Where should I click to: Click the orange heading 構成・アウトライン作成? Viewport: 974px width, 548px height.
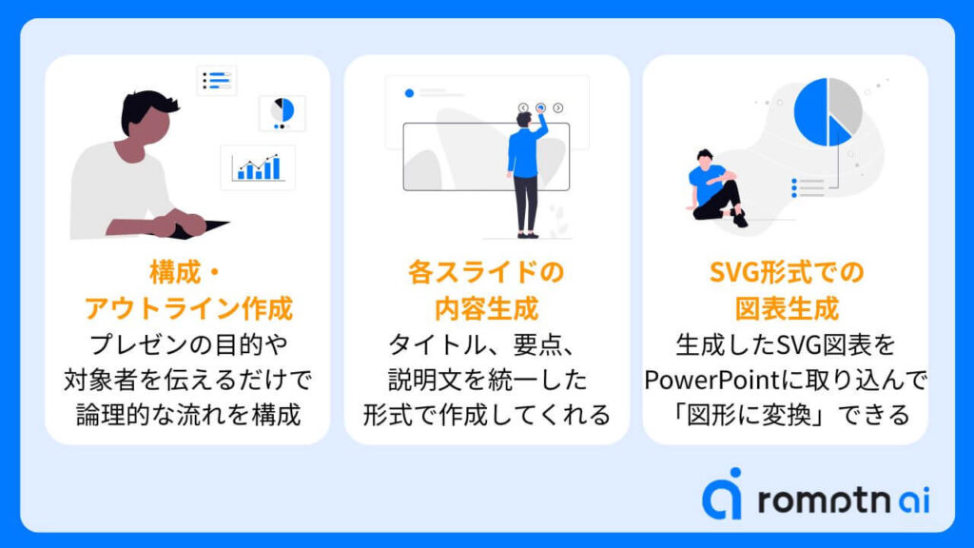188,290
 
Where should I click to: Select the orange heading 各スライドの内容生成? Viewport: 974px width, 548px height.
486,290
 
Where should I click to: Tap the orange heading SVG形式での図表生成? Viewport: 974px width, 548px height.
787,290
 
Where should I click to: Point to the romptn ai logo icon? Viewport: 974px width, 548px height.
723,494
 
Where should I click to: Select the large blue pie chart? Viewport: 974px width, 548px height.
828,112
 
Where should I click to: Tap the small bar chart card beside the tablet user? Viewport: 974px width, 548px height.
258,167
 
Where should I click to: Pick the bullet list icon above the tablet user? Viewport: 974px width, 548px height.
217,80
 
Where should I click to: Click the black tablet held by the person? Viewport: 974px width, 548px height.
198,228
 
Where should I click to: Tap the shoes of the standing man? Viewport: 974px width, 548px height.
528,235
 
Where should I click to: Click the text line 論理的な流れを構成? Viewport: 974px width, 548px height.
188,415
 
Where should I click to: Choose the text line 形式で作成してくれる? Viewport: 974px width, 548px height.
486,415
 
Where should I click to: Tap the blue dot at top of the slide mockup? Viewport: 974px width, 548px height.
409,93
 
